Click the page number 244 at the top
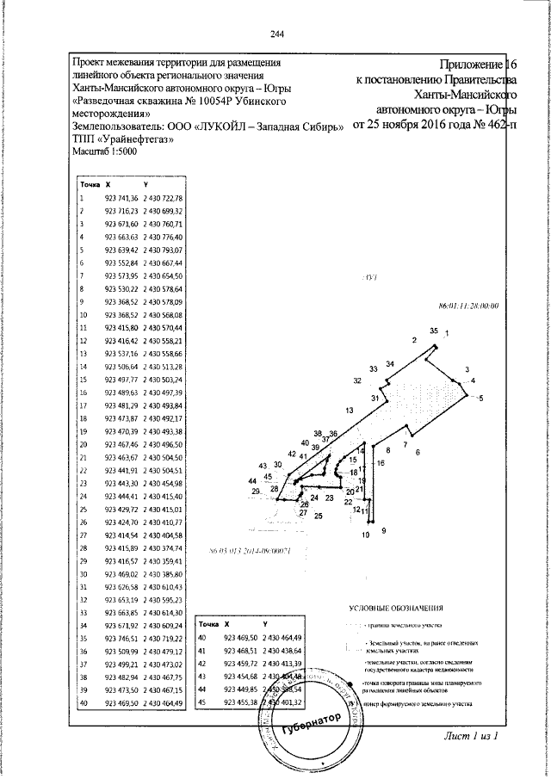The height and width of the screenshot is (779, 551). (x=275, y=34)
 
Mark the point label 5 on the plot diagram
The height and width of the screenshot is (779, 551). (x=481, y=397)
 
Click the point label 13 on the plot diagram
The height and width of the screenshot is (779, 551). (x=350, y=410)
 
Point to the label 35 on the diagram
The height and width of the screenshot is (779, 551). (x=435, y=331)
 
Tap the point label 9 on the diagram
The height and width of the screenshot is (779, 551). (x=383, y=531)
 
